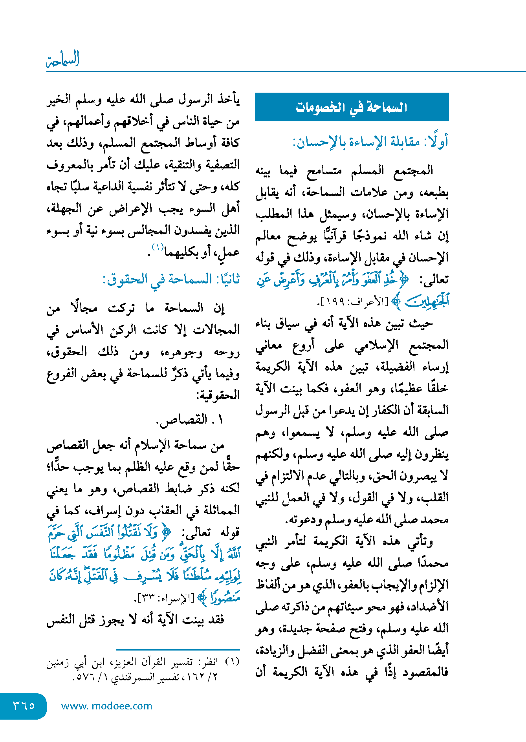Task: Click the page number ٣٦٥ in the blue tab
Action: [x=24, y=705]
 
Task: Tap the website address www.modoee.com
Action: [x=106, y=706]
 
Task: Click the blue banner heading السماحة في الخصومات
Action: [x=352, y=107]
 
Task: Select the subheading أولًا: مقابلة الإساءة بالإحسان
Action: [x=370, y=141]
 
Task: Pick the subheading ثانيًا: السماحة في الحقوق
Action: [x=171, y=280]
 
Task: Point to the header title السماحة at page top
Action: [x=63, y=59]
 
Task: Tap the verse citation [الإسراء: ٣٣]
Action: [x=164, y=599]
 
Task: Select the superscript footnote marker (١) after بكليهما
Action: [x=158, y=247]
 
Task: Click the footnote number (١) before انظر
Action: [x=233, y=662]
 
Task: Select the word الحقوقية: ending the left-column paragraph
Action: [x=218, y=395]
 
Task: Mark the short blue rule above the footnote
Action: [x=178, y=650]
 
